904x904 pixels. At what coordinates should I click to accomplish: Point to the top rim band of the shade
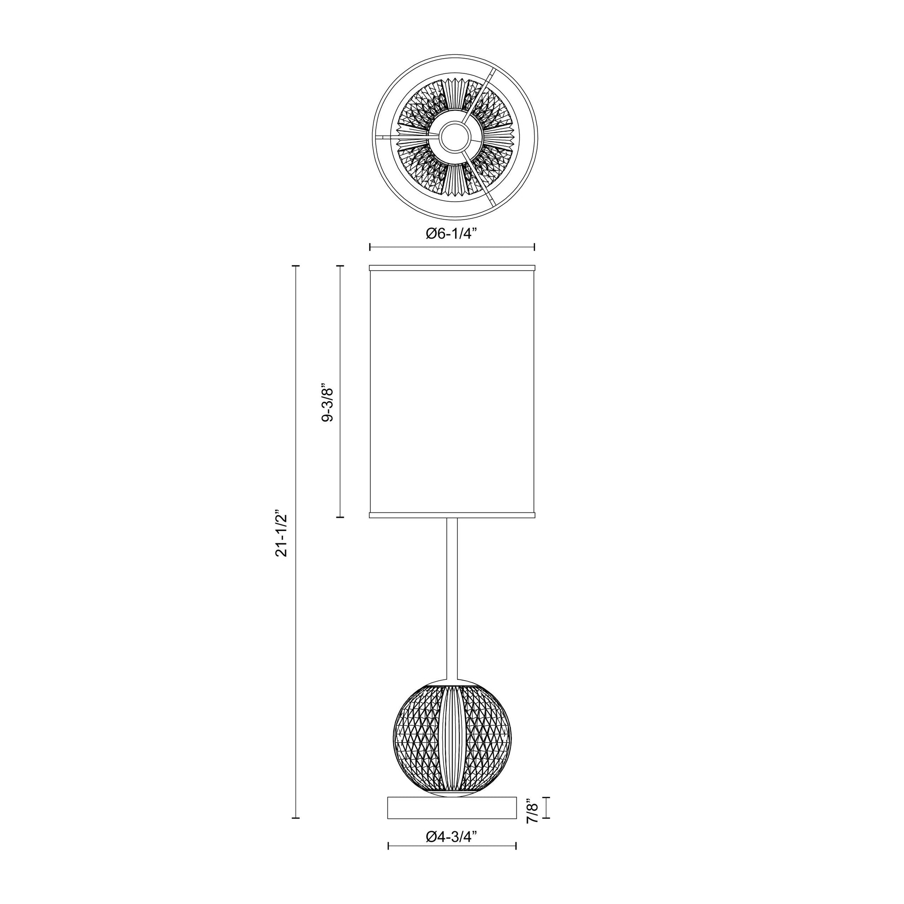point(452,268)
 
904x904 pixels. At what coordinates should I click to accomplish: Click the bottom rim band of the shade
point(452,515)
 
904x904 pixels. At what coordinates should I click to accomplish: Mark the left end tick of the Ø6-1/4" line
point(370,247)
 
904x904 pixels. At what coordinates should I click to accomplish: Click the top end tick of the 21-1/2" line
point(295,266)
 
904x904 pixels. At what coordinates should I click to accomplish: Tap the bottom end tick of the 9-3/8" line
point(340,517)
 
